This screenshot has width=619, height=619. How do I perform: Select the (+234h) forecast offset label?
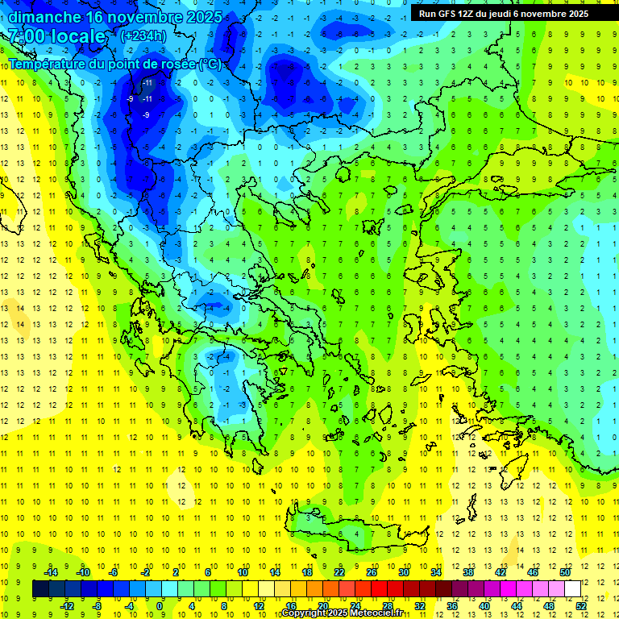[x=143, y=35]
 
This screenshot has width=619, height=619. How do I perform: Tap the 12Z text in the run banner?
[x=467, y=14]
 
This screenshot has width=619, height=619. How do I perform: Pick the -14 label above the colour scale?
[x=51, y=572]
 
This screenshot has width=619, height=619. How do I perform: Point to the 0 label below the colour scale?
[x=160, y=605]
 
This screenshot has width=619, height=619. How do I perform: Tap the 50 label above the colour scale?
[x=565, y=572]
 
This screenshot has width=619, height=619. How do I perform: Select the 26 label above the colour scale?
[x=372, y=572]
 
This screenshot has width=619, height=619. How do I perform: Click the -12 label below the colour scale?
[x=66, y=605]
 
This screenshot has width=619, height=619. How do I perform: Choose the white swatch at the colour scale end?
[x=572, y=588]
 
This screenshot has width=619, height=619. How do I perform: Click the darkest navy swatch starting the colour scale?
[x=40, y=588]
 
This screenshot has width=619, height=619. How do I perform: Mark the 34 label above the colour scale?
[x=436, y=572]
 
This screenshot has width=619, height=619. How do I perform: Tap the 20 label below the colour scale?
[x=322, y=605]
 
